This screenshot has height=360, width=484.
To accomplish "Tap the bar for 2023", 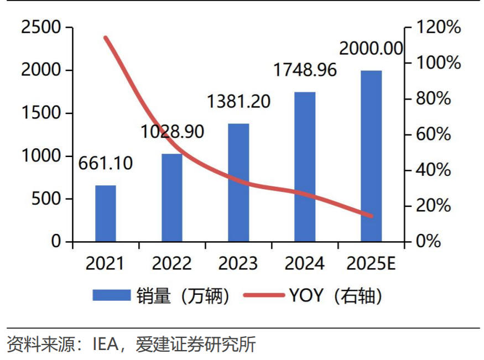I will coord(238,182).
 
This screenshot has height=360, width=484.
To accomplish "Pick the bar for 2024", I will coord(305,166).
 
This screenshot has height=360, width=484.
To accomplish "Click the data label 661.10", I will coord(106,164).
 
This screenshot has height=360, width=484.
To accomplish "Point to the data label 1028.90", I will coord(172,132).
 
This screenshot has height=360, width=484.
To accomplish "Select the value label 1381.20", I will coord(238,102).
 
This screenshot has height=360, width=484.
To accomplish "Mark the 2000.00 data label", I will coord(371,49).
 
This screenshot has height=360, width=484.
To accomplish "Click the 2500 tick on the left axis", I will coord(41,27).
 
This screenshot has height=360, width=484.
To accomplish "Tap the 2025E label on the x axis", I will coord(371,263).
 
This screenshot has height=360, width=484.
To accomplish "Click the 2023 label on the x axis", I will coord(238,263).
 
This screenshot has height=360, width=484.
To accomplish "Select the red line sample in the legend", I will coord(263,296).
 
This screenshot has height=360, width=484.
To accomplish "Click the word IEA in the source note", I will coord(105,345).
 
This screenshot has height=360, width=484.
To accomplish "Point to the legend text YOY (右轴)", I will coord(335,296).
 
